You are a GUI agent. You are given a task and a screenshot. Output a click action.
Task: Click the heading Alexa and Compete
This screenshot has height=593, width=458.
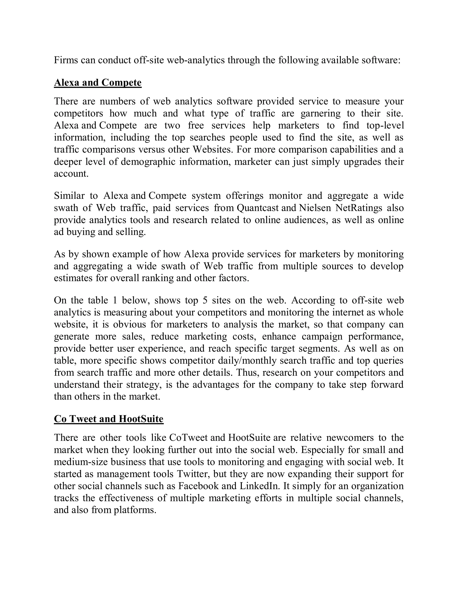[98, 83]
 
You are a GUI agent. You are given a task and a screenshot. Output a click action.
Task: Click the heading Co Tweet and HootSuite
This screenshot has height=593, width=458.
[108, 419]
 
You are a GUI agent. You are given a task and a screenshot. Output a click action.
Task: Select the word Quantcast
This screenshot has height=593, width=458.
[257, 208]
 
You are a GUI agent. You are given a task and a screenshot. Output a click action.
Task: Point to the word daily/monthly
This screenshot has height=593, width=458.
[247, 360]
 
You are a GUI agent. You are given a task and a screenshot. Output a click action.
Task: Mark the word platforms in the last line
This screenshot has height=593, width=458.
[135, 510]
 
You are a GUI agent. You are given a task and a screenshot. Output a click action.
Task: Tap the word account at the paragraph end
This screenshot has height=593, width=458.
[71, 174]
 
